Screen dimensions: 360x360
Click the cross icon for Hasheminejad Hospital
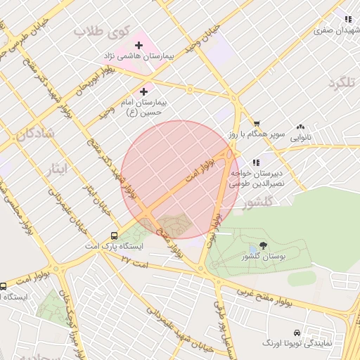pos(139,46)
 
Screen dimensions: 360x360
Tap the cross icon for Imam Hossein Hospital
pos(144,91)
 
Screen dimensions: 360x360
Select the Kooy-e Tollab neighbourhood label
pos(103,32)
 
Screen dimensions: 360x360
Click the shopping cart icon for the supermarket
pos(257,124)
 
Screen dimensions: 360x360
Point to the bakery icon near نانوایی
pos(300,126)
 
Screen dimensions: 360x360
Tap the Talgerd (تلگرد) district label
pos(342,83)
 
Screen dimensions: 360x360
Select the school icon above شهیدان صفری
pos(347,19)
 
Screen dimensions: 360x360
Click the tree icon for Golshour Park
pos(264,245)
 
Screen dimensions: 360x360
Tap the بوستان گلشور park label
pos(264,258)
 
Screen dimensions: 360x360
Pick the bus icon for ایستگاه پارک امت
pos(114,236)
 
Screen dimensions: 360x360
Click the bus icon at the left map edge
pos(4,285)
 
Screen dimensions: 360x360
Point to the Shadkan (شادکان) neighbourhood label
pos(36,134)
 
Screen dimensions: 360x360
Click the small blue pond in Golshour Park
pos(252,251)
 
